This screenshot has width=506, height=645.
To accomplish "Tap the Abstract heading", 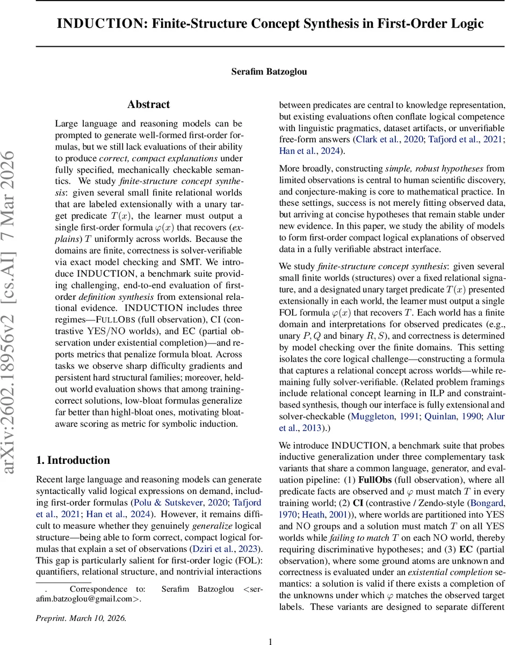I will tap(148, 105).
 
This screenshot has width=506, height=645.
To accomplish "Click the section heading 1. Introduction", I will tap(73, 460).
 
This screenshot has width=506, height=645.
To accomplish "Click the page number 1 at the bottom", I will tap(271, 641).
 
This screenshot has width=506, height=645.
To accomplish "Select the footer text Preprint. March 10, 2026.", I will tap(81, 618).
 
